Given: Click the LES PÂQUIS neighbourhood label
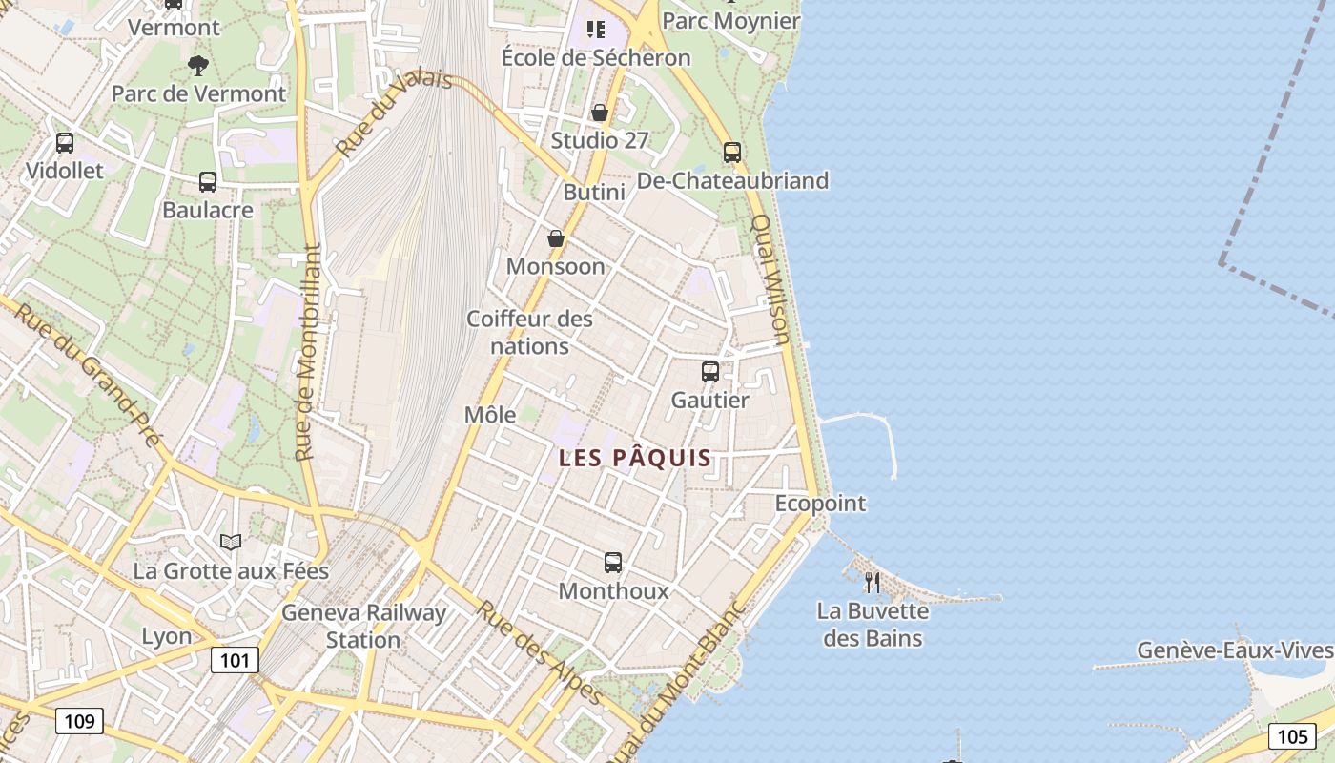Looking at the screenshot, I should [x=635, y=458].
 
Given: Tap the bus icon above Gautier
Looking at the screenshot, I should [x=710, y=372].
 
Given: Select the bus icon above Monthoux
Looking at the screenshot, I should [x=613, y=563].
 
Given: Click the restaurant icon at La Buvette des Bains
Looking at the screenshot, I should [x=872, y=581].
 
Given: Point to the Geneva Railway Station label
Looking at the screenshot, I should [x=363, y=626].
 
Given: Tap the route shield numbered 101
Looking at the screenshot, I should [x=235, y=660].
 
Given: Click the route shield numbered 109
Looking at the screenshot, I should [x=79, y=720].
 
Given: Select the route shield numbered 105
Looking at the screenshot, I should [x=1292, y=735].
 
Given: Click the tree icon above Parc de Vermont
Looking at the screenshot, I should [x=198, y=65].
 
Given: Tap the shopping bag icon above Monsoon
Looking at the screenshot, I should [x=556, y=238].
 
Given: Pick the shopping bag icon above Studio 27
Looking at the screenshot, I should [x=600, y=113].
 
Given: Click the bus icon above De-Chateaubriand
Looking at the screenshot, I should [x=731, y=152].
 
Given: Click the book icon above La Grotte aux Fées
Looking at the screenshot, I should [x=231, y=542].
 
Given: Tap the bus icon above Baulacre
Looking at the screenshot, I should [x=208, y=181].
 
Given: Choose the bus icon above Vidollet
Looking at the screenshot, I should [x=64, y=143].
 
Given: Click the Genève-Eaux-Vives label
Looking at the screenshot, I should [x=1234, y=650].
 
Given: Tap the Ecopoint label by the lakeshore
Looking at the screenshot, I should [x=820, y=503].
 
